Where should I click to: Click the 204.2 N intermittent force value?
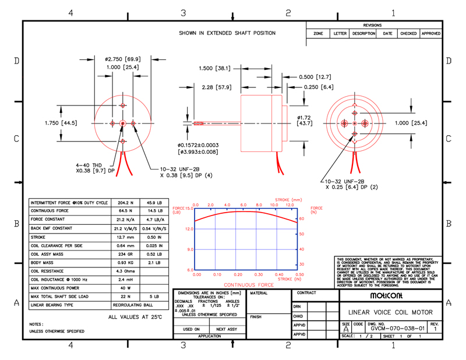coord(126,202)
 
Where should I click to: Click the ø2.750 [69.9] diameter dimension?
coord(122,59)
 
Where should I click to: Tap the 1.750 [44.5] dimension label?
coord(61,123)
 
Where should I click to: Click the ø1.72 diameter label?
coord(304,117)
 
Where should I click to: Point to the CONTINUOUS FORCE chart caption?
coord(249,285)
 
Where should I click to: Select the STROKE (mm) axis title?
coord(289,200)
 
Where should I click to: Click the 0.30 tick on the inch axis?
coord(259,274)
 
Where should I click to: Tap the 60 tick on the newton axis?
coord(302,219)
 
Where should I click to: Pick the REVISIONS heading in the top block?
coord(372,26)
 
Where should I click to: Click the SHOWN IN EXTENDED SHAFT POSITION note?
coord(227,33)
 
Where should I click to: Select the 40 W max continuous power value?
coord(126,288)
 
